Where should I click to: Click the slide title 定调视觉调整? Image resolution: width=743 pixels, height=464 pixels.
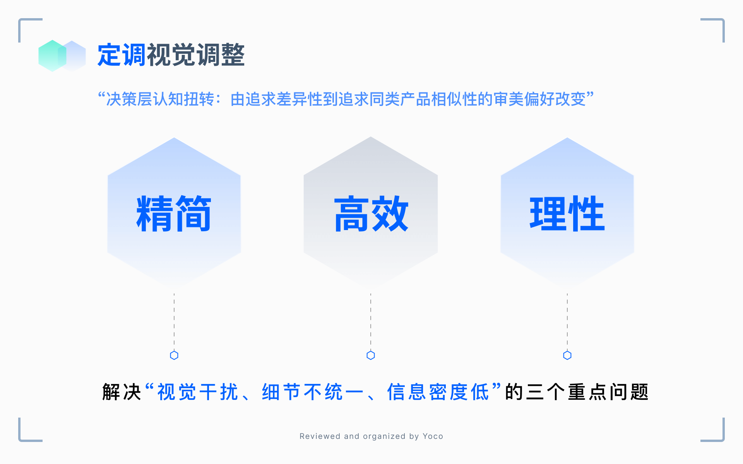(x=171, y=55)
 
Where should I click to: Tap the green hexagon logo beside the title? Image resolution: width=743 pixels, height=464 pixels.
(x=52, y=56)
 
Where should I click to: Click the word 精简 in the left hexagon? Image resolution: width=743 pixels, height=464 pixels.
(x=174, y=213)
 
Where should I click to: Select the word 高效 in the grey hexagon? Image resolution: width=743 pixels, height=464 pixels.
(x=371, y=213)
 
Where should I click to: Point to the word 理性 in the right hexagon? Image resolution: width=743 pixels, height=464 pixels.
(x=567, y=213)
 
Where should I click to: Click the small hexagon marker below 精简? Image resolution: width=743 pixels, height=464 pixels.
(x=174, y=355)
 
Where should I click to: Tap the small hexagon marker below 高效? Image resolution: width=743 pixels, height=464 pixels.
(x=371, y=355)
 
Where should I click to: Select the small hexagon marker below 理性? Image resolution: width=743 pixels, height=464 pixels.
(x=567, y=355)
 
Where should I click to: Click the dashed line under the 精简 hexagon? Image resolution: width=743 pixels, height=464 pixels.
(x=174, y=321)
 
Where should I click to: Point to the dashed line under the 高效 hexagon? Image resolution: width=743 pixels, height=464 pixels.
(x=371, y=321)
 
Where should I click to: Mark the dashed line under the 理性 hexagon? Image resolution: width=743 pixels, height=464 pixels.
(x=567, y=321)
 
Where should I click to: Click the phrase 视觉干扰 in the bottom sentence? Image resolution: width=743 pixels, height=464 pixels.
(x=197, y=392)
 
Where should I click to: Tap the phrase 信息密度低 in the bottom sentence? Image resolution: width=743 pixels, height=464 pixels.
(x=438, y=392)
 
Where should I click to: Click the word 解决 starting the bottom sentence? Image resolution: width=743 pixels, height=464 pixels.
(x=122, y=392)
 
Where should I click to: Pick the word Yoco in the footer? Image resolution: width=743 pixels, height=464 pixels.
(x=433, y=436)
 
